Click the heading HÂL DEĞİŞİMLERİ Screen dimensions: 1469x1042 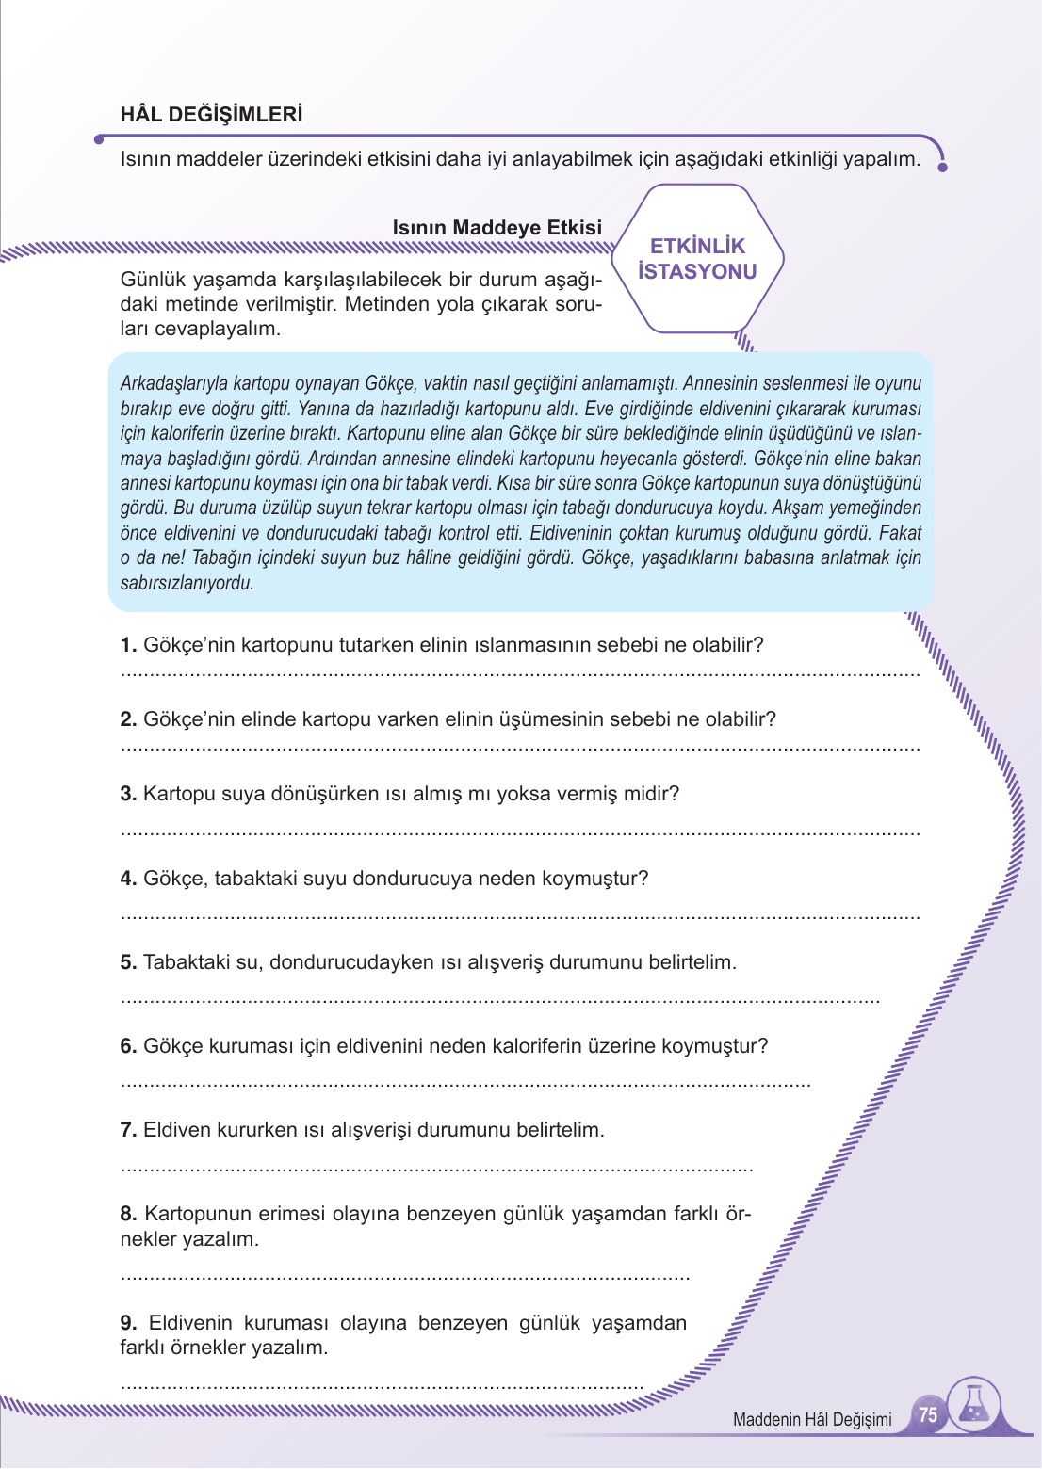(x=211, y=115)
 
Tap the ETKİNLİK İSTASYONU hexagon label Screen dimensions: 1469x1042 (x=697, y=259)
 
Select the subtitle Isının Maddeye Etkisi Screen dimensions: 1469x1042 (x=497, y=228)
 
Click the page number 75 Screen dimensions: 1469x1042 (x=928, y=1415)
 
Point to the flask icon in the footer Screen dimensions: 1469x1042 (x=974, y=1406)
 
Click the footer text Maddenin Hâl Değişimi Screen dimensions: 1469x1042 (x=811, y=1419)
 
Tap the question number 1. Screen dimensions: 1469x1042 (x=128, y=645)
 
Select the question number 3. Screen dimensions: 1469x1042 (x=128, y=794)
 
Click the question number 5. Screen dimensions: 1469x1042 (x=128, y=962)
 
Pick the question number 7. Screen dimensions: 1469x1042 (x=128, y=1130)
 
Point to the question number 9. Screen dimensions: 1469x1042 (x=128, y=1323)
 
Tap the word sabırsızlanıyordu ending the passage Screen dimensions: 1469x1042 (x=187, y=583)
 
